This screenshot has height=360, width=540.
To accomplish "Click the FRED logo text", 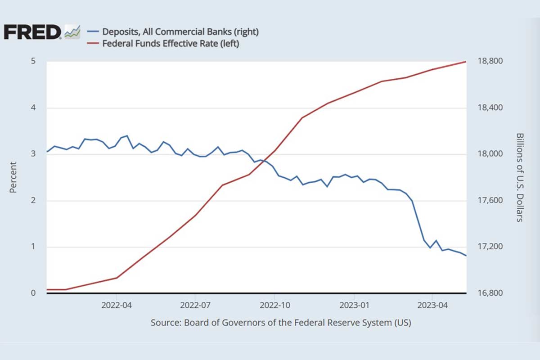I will (32, 32).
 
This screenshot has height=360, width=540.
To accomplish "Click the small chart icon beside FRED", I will (72, 32).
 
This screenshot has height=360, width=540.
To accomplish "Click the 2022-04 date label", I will (116, 305).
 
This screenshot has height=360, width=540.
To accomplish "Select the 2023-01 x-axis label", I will (354, 305).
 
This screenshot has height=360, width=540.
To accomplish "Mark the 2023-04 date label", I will (432, 305).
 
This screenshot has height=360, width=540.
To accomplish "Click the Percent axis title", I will (13, 177).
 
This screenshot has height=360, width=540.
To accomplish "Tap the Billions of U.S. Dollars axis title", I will (519, 177).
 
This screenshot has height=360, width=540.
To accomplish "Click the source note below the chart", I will (281, 323).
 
